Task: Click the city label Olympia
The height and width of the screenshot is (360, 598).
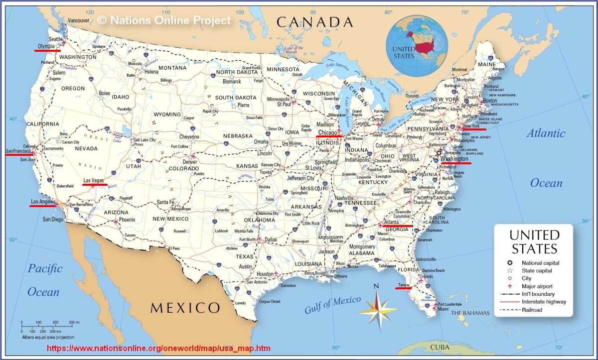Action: click(46, 47)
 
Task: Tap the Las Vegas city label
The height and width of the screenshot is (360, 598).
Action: click(94, 180)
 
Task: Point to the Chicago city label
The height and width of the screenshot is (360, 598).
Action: click(327, 133)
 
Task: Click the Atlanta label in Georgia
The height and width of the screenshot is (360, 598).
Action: click(391, 223)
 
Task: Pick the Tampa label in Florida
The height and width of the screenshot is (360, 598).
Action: click(403, 285)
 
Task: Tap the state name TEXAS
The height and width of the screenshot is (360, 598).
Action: click(245, 256)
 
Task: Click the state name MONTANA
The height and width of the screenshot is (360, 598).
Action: click(172, 68)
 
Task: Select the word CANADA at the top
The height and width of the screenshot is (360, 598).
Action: click(314, 22)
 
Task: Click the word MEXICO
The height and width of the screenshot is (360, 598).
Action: click(185, 307)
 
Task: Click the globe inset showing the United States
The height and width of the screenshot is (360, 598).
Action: click(419, 45)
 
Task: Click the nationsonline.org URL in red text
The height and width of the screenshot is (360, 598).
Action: click(158, 348)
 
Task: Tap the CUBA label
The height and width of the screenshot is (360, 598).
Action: click(440, 347)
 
